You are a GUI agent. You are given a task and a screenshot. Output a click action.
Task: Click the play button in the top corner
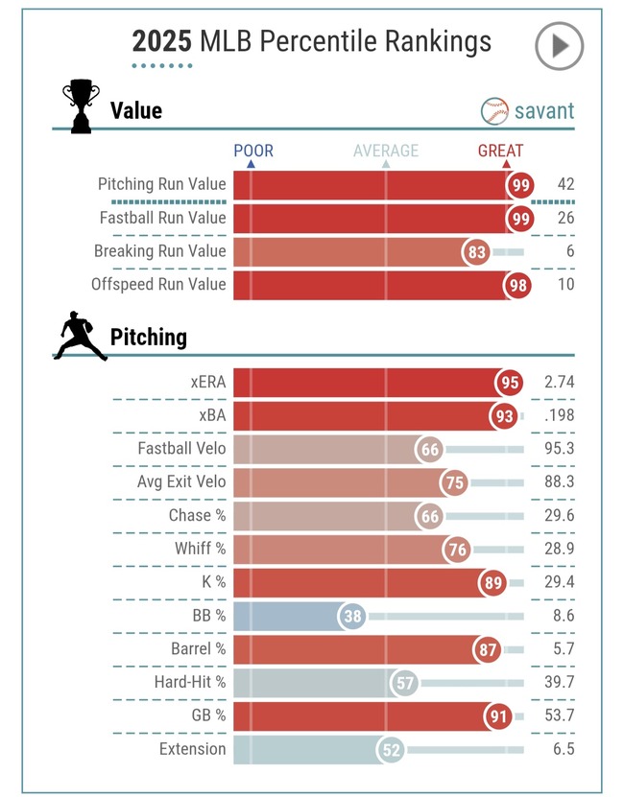[x=560, y=46]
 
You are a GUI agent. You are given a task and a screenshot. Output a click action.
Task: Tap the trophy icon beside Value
[x=81, y=105]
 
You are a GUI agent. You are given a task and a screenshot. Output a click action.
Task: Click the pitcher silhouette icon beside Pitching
[x=81, y=336]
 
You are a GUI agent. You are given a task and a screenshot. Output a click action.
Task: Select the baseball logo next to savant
[x=494, y=111]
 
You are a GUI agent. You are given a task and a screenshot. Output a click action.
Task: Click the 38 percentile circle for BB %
[x=352, y=616]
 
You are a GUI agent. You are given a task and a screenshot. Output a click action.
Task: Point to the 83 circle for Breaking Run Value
[x=476, y=251]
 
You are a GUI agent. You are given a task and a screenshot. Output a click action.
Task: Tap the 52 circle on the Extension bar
[x=391, y=750]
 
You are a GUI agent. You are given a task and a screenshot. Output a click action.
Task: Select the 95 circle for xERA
[x=510, y=383]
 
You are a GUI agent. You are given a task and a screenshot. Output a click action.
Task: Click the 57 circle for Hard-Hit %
[x=404, y=683]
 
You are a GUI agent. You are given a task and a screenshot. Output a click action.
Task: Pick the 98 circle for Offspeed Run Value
[x=517, y=285]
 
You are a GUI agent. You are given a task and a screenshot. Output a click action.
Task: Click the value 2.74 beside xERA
[x=559, y=382]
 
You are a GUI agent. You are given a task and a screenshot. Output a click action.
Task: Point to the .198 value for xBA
[x=559, y=415]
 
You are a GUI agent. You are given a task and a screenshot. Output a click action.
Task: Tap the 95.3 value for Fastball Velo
[x=559, y=448]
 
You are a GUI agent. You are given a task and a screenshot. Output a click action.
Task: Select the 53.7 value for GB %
[x=559, y=715]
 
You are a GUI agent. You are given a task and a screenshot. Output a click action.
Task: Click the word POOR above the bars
[x=253, y=151]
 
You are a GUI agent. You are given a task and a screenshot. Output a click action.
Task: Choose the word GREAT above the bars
[x=500, y=151]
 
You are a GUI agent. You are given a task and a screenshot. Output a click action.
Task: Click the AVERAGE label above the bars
[x=386, y=151]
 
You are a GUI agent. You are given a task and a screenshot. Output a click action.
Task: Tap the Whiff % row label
[x=200, y=549]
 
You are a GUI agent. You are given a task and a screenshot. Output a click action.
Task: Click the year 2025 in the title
[x=162, y=41]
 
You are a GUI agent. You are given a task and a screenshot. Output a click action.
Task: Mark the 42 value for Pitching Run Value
[x=565, y=183]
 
